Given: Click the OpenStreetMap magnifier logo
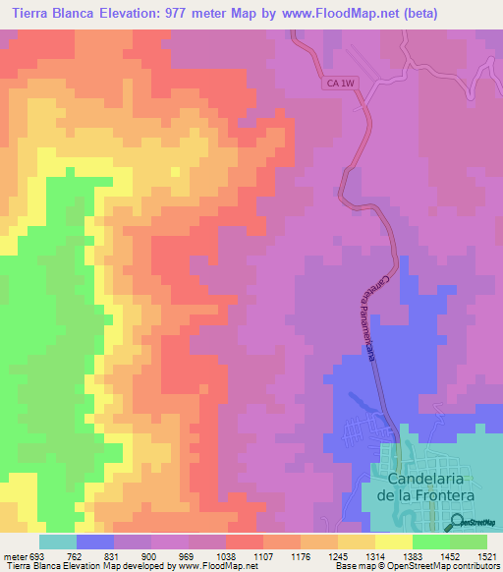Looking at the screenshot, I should pyautogui.click(x=459, y=523).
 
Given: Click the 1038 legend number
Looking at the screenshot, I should pyautogui.click(x=226, y=554).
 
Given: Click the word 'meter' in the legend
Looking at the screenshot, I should pyautogui.click(x=15, y=554).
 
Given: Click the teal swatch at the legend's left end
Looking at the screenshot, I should pyautogui.click(x=58, y=542).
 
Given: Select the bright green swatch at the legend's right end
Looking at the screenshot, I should pyautogui.click(x=469, y=542).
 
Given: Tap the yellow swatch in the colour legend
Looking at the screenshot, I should pyautogui.click(x=394, y=542).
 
